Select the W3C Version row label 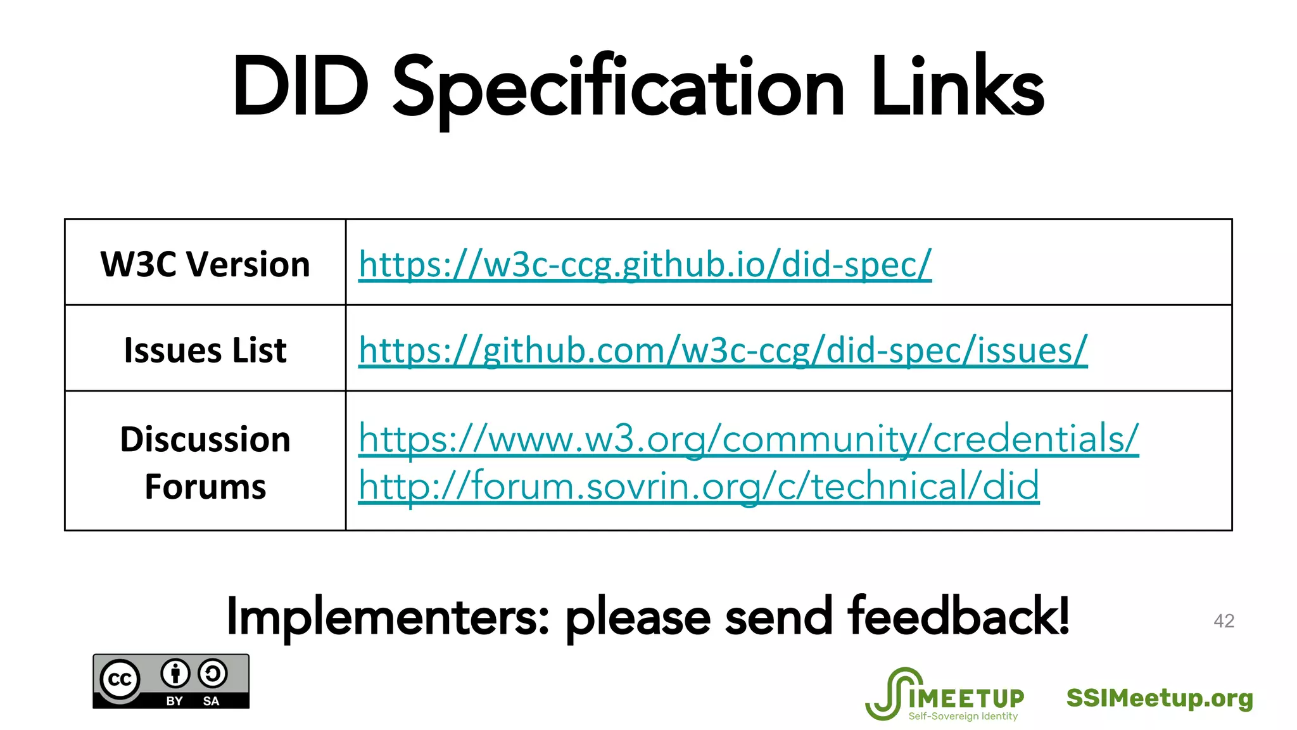[205, 264]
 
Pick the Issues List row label [205, 350]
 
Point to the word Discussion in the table [205, 439]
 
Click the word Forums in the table [205, 487]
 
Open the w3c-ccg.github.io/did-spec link [645, 264]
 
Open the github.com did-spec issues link [723, 350]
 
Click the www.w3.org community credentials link [748, 438]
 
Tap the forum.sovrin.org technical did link [699, 486]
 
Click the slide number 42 [1224, 621]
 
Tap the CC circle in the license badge [120, 679]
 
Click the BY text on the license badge [174, 701]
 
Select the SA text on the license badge [211, 701]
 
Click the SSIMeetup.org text [1160, 698]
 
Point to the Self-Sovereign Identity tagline [963, 716]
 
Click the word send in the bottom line [778, 617]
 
